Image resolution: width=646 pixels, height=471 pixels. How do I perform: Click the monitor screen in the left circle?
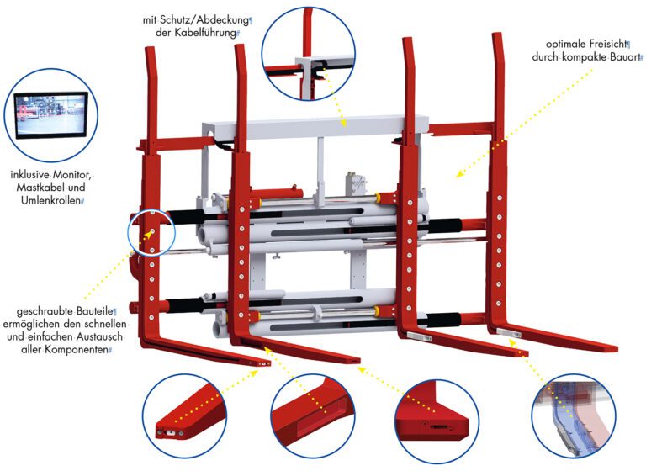51,114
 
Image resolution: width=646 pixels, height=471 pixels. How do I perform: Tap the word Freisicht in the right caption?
606,44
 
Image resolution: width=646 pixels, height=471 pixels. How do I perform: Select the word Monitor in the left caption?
70,175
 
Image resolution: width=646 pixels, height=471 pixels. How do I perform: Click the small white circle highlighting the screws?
152,232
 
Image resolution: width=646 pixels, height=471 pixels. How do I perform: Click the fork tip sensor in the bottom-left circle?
171,432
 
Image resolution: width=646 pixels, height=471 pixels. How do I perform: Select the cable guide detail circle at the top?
308,54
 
